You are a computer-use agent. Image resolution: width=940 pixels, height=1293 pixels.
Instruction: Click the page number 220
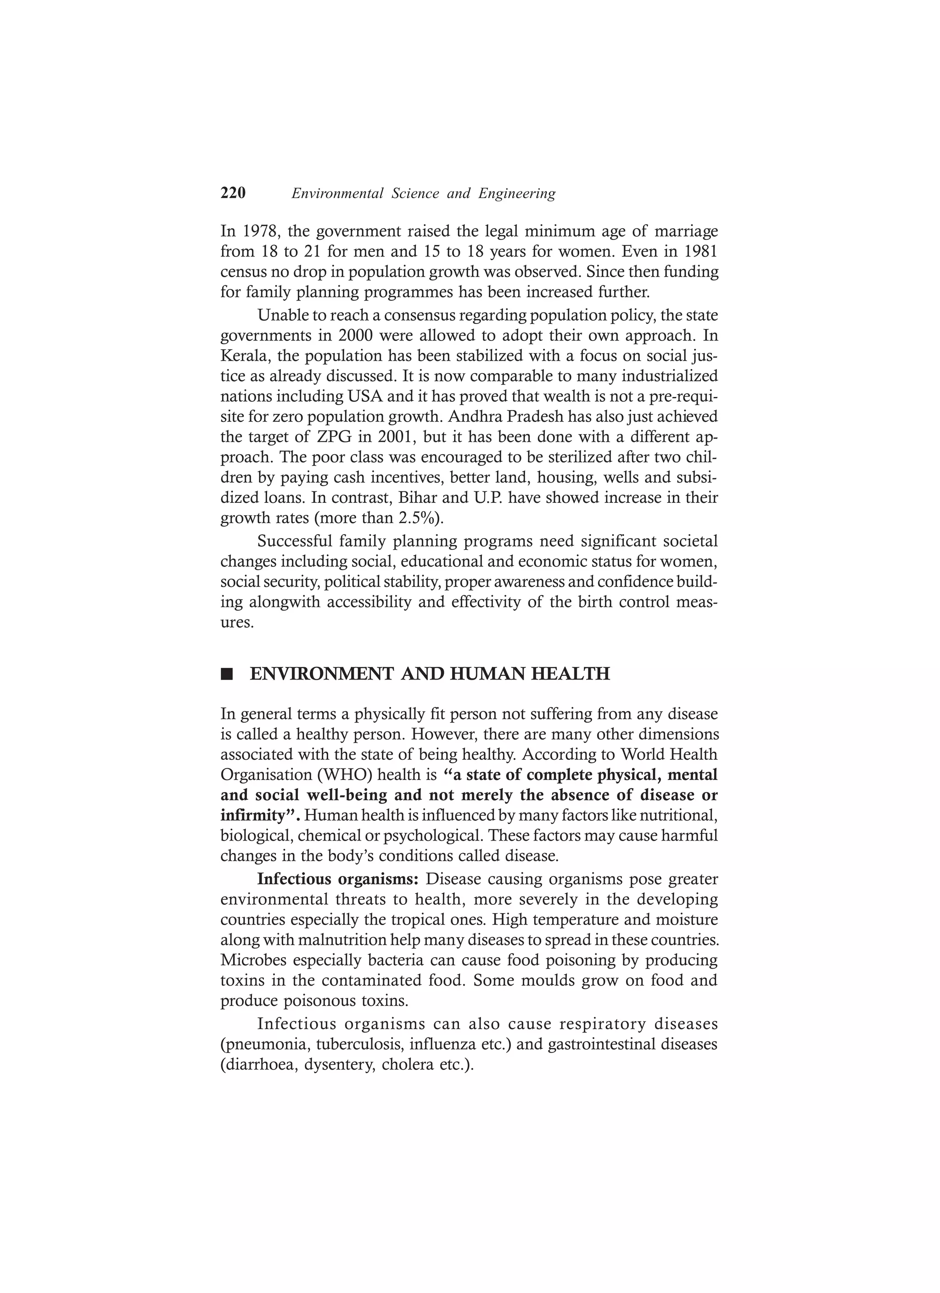click(x=233, y=193)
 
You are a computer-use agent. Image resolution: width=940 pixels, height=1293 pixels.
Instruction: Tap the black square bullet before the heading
click(x=227, y=675)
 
